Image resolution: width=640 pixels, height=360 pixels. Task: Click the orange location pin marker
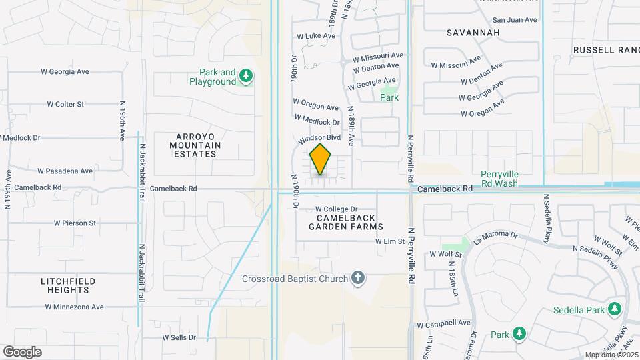click(321, 159)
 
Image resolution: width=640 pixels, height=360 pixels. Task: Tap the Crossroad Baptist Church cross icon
click(359, 278)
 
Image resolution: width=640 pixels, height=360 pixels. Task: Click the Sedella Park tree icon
click(615, 310)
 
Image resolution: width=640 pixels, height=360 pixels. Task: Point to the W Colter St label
click(65, 104)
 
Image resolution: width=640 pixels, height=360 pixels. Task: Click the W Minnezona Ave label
click(75, 307)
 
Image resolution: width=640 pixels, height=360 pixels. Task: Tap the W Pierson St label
click(75, 223)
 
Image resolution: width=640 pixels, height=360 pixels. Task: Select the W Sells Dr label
click(179, 338)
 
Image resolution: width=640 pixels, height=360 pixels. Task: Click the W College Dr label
click(337, 209)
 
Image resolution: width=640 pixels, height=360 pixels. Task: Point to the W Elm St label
click(390, 241)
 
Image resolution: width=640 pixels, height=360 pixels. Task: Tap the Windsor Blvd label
click(320, 138)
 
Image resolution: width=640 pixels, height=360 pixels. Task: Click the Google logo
click(22, 351)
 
